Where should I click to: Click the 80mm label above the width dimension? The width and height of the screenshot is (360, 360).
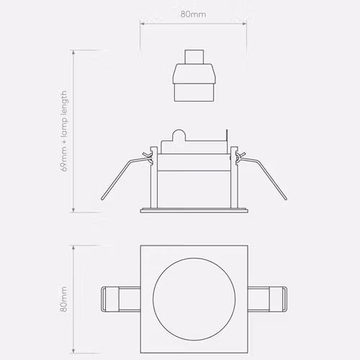tap(193, 14)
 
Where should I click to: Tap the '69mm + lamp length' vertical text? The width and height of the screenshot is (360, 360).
tap(64, 131)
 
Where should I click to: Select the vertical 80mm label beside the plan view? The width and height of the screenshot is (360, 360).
tap(63, 299)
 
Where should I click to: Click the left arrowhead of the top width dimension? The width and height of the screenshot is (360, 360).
tap(142, 24)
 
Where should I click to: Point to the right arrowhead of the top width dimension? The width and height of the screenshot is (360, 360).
tap(245, 24)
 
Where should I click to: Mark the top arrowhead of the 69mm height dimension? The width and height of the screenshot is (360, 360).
tap(73, 53)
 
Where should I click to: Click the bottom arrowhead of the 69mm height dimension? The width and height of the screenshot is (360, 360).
tap(73, 210)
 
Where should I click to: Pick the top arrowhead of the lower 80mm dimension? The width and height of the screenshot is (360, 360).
tap(73, 248)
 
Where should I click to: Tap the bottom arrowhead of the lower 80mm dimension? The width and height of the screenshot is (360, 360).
tap(73, 351)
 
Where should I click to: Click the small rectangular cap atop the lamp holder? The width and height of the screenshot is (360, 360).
tap(194, 57)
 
